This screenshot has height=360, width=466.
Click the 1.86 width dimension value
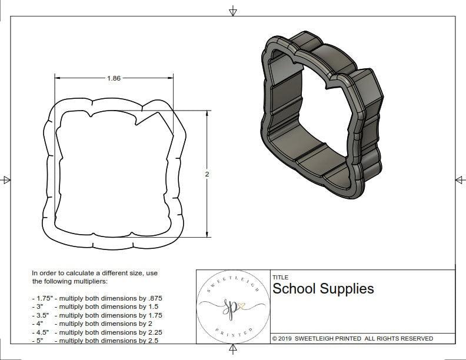(114, 78)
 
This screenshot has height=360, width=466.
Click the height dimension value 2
(208, 174)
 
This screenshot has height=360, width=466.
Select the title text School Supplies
(322, 289)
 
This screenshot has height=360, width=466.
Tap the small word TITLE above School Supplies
(280, 278)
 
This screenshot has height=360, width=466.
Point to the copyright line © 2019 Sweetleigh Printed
(352, 338)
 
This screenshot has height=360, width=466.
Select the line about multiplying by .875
(97, 298)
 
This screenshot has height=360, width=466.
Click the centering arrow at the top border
(233, 11)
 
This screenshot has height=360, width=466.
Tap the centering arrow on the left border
(6, 180)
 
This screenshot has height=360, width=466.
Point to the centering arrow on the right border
(460, 179)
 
